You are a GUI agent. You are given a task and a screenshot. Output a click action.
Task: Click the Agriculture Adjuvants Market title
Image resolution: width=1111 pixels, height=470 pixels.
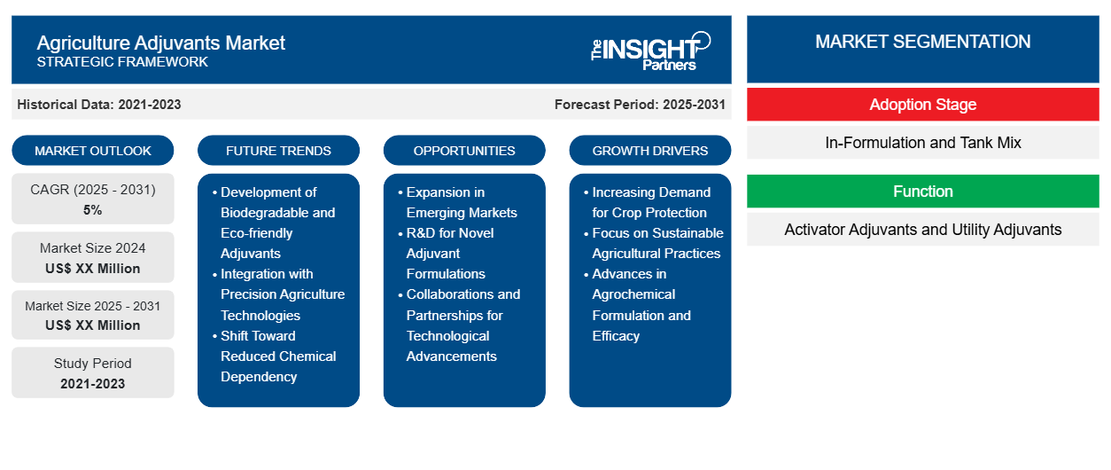point(160,43)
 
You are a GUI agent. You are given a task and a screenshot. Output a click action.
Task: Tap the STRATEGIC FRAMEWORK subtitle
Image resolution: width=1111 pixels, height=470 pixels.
point(122,62)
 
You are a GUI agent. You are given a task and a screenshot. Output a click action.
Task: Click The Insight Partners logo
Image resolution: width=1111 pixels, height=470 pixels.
point(650,50)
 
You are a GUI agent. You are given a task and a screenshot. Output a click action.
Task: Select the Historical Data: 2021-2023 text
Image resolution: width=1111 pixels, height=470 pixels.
point(98,105)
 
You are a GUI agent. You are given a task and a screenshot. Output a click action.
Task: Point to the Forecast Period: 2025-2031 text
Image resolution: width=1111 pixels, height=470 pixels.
point(640,105)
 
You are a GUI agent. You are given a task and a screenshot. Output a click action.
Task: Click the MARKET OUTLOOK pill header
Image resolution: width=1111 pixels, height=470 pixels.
point(93,151)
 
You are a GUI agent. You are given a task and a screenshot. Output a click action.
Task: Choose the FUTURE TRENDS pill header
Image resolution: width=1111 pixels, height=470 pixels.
point(278,151)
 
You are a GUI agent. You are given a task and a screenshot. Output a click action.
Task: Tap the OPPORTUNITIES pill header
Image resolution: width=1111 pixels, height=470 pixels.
point(464,151)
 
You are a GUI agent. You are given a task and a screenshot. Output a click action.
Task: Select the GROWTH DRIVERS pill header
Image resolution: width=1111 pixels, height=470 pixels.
point(650,151)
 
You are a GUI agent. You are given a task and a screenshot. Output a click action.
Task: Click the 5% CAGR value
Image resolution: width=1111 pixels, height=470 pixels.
point(92,210)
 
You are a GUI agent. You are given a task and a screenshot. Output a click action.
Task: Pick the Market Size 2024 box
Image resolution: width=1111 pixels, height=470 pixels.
point(93,258)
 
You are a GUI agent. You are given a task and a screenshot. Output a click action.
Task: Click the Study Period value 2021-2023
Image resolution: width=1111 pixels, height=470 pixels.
point(92,384)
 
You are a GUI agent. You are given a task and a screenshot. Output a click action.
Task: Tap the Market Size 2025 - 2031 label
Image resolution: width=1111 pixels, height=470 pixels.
point(93,306)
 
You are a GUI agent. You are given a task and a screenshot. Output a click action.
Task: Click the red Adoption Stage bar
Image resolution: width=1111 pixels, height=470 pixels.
point(922,105)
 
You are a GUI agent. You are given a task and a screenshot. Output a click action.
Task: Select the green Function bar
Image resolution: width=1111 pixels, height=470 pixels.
point(922,192)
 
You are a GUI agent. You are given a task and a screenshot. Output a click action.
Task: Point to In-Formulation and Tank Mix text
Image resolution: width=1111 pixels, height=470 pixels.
point(922,143)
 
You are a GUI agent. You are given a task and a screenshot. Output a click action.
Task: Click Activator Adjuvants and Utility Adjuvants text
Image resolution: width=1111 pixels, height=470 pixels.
point(922,230)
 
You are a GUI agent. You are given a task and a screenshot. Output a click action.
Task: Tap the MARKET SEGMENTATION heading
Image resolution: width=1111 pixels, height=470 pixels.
point(922,42)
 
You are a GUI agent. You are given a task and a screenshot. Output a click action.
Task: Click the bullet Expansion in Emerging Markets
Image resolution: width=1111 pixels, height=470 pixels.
point(461,202)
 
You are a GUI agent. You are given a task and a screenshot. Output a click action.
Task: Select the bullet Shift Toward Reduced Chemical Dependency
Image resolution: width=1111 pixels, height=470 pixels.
point(277,356)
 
